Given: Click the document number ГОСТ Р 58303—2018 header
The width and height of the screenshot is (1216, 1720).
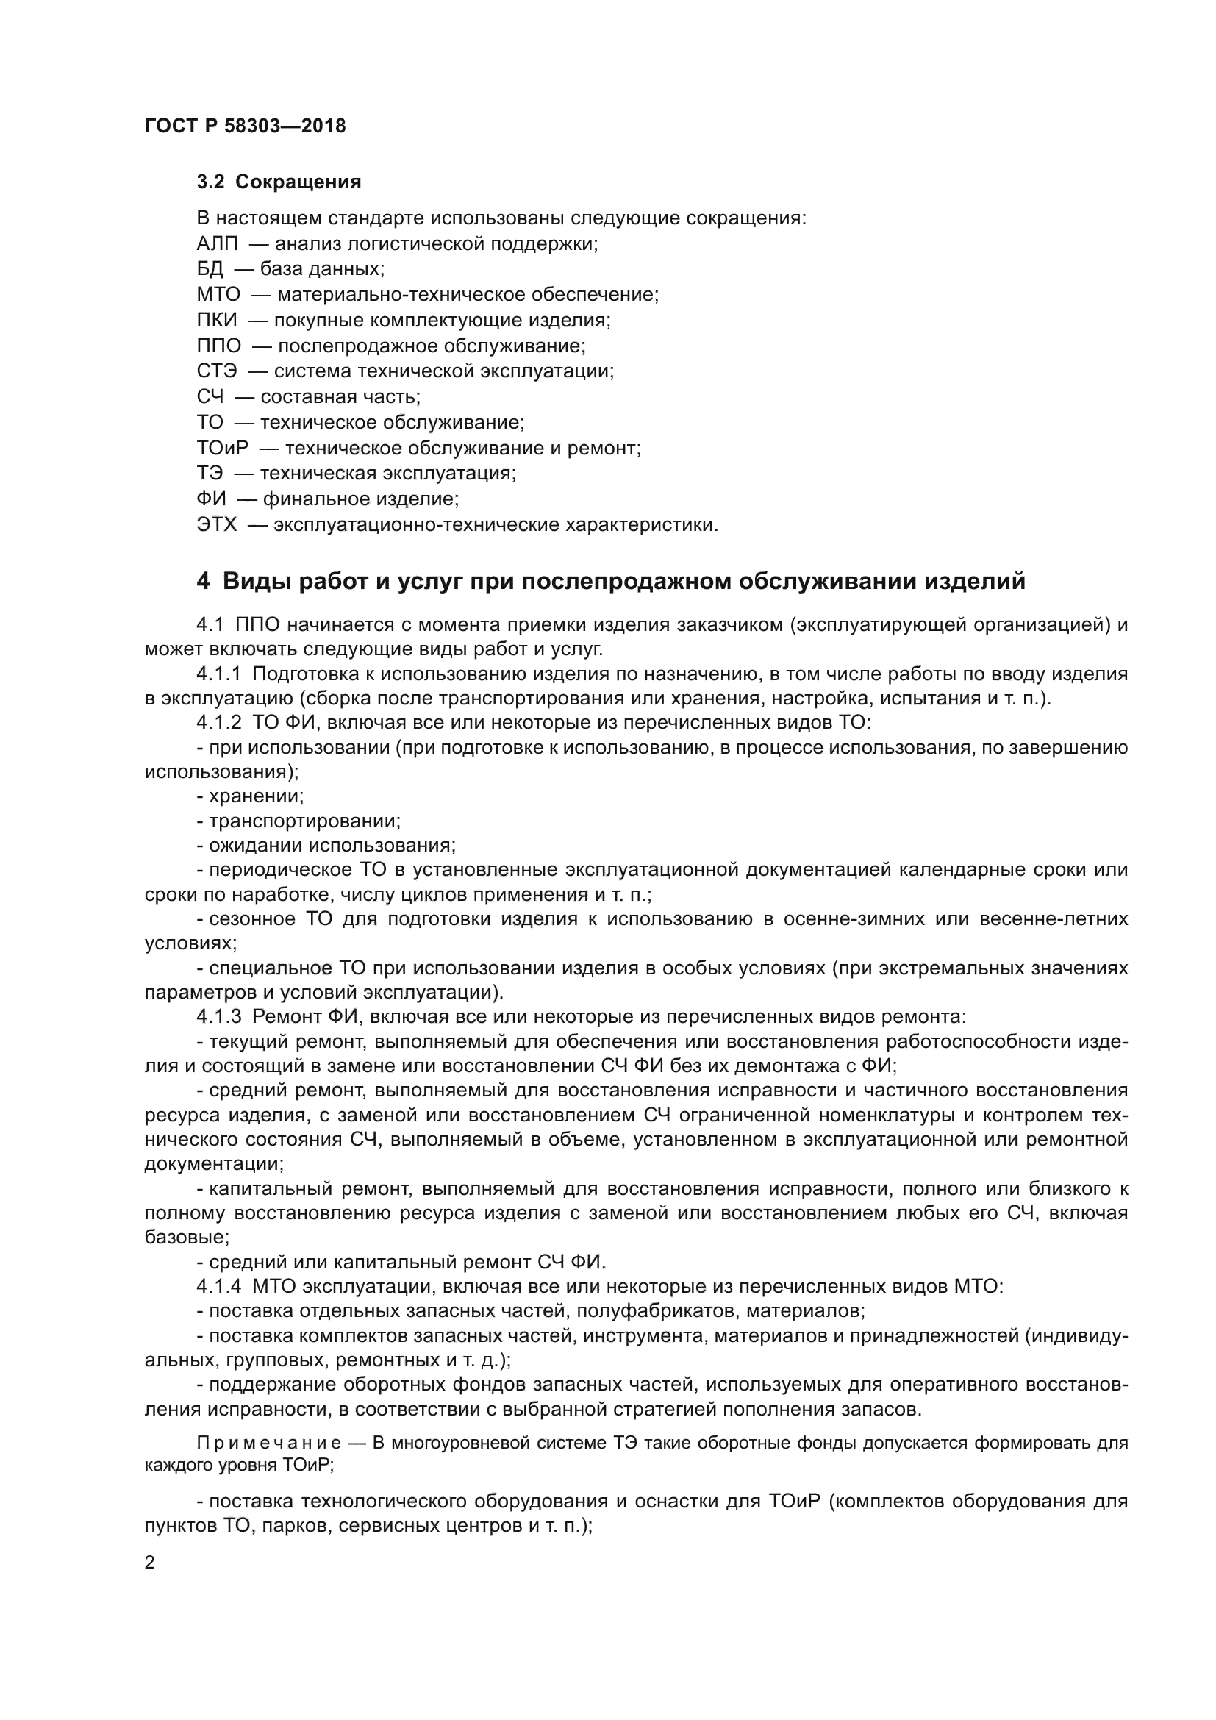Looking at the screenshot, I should [x=245, y=126].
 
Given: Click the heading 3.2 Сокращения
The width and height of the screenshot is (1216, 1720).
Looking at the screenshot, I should [x=279, y=182].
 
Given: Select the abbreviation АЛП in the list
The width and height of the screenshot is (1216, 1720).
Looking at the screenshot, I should [x=217, y=244].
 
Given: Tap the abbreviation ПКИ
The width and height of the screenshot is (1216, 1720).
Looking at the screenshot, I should [x=216, y=321].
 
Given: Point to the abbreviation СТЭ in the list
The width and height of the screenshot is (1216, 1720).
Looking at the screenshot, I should [x=216, y=371].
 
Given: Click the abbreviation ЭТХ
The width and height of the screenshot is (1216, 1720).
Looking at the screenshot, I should [x=216, y=525].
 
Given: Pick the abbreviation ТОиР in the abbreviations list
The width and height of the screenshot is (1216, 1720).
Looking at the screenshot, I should [x=221, y=449].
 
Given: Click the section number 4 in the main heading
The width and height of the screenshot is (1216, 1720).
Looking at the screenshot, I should [x=203, y=582].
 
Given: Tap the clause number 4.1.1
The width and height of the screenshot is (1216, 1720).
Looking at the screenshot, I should [x=218, y=674].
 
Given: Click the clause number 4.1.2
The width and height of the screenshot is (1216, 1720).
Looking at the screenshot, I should [x=218, y=723].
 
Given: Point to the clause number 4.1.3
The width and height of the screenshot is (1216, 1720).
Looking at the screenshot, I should [x=218, y=1017].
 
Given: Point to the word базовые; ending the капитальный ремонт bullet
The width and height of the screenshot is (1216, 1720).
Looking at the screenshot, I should [x=187, y=1238].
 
